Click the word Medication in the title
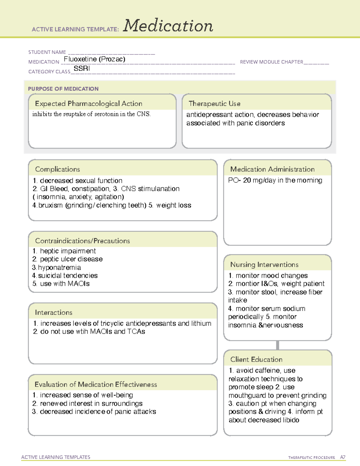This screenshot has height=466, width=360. (168, 26)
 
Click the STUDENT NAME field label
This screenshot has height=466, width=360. (47, 52)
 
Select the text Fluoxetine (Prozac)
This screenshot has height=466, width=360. (94, 59)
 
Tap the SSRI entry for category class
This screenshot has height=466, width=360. (82, 68)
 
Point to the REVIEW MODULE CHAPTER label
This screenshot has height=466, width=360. (271, 62)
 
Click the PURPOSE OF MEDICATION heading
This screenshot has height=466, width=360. (63, 89)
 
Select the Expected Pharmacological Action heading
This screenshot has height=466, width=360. (88, 104)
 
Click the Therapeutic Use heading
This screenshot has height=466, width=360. (214, 104)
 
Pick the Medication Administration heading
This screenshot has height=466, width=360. (272, 169)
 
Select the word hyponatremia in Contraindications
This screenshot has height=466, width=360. (59, 267)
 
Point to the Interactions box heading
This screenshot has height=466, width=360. (53, 312)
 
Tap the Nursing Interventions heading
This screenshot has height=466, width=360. (264, 265)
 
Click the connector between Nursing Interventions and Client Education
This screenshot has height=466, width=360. (277, 345)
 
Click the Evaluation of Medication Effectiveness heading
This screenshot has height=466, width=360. (96, 384)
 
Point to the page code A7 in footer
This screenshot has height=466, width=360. (342, 457)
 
